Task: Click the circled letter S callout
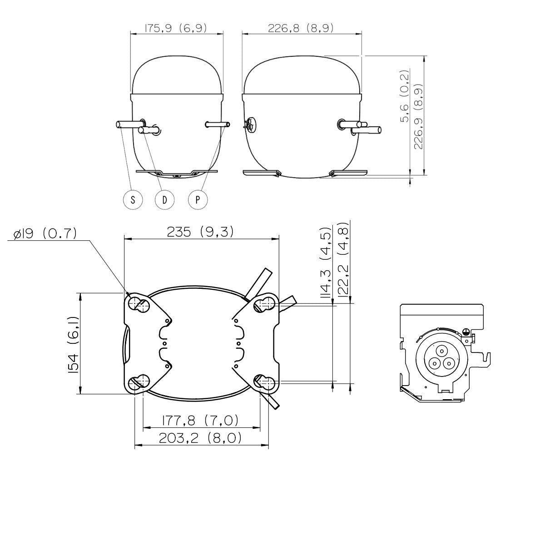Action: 133,200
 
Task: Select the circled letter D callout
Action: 164,200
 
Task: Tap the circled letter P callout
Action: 198,200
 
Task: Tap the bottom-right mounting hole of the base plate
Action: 264,383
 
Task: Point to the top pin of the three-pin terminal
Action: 441,352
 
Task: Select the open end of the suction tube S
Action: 118,124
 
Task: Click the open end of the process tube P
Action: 228,124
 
